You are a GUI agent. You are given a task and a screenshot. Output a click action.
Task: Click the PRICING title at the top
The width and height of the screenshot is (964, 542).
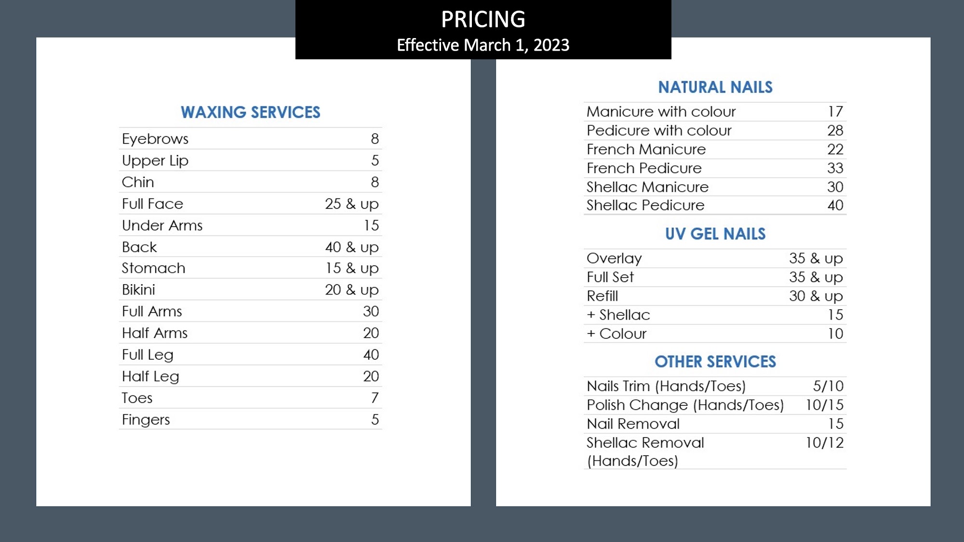pos(483,20)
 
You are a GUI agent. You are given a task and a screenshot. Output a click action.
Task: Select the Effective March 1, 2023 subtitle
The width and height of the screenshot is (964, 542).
pos(483,45)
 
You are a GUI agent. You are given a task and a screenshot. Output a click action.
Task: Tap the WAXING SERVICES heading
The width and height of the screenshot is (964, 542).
pos(250,112)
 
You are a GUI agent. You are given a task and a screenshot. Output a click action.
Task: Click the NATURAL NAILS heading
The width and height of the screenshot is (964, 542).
pos(715,87)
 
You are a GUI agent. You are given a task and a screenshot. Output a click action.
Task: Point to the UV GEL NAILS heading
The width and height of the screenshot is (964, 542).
pos(715,234)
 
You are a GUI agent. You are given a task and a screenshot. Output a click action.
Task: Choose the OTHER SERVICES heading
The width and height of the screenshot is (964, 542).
pos(715,362)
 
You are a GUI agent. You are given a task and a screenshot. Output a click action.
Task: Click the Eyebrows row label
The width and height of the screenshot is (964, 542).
pos(155,139)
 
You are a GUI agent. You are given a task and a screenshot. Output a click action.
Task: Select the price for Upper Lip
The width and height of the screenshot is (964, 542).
pos(375,160)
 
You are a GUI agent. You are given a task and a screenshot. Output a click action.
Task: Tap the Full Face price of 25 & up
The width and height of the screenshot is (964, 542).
pos(352,204)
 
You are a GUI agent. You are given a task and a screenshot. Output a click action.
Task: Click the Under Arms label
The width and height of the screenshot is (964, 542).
pos(162,225)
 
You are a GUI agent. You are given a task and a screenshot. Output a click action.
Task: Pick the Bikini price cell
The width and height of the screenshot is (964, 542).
pos(352,290)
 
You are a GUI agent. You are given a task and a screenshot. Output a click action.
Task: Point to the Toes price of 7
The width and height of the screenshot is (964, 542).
pos(375,398)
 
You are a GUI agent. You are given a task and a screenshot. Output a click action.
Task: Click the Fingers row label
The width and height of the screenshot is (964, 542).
pos(146,420)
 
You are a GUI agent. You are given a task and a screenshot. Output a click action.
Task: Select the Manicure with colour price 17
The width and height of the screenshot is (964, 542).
pos(835,112)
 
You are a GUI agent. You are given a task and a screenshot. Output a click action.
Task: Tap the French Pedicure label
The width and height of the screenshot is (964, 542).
pos(644,168)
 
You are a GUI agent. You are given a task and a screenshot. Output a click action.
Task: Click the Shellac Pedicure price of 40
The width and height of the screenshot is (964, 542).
pos(835,205)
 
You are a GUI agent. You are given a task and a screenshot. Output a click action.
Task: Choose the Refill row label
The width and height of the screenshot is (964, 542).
pos(602,296)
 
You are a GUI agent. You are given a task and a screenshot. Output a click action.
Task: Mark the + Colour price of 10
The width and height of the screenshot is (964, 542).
pos(835,334)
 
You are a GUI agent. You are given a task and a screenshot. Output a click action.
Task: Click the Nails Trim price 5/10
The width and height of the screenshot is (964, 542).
pos(828,386)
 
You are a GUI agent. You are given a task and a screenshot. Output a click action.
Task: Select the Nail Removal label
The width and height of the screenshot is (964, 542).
pos(633,424)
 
